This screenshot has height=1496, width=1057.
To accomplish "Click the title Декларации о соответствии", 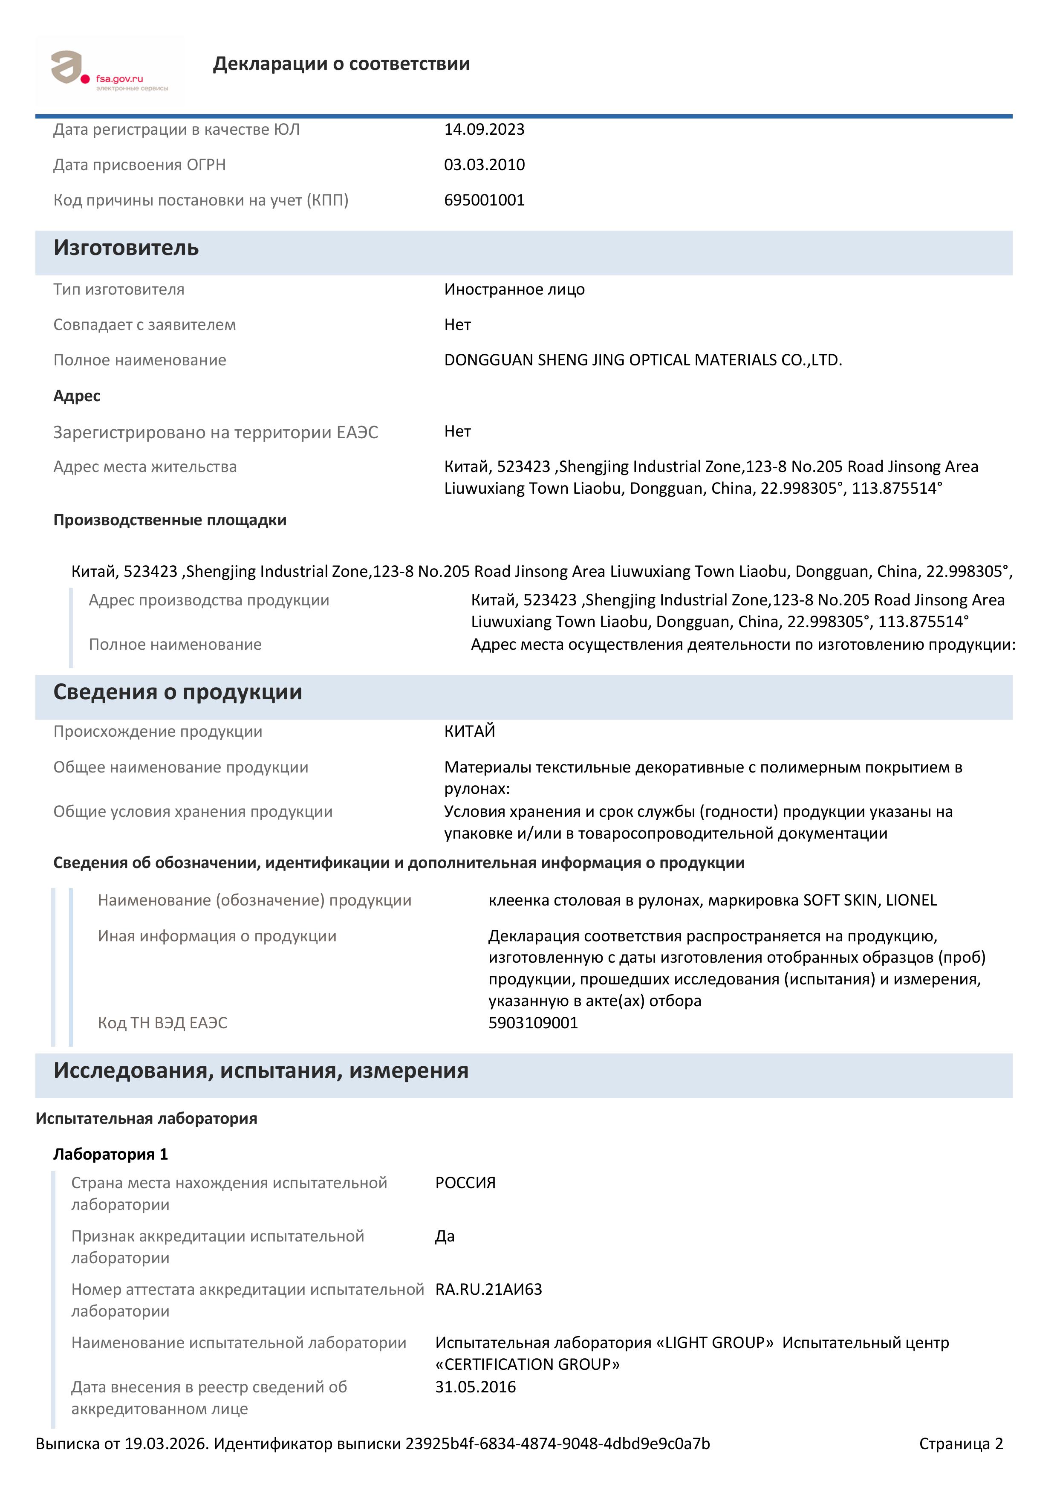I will coord(341,64).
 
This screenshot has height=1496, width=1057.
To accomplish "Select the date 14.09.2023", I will coord(484,130).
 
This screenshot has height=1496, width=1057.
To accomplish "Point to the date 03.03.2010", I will coord(484,165).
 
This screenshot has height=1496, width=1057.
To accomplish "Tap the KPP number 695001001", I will coord(484,200).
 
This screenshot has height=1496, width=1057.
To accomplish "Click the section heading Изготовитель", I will coord(126,248).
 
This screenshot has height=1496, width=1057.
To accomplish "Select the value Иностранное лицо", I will coord(514,289).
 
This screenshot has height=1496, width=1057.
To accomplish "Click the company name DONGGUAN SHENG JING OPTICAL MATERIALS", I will coord(643,360).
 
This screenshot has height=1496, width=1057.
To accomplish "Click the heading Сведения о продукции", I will coord(177,692).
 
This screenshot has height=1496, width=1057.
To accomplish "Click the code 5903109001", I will coord(533,1023).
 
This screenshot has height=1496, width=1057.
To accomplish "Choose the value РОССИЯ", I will coord(465,1183).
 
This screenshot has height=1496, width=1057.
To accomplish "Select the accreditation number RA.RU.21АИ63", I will coord(488,1290).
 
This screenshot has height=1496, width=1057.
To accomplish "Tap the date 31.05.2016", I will coord(475,1387).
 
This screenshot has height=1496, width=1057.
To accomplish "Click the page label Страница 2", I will coord(961,1444).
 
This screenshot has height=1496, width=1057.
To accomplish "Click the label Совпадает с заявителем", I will coord(144,325).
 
